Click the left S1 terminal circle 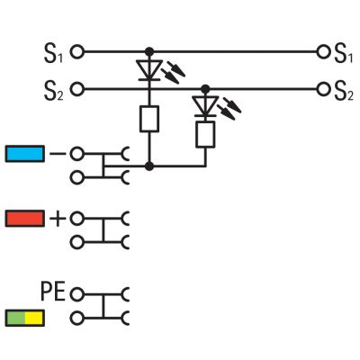click(x=77, y=52)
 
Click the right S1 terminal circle click(x=323, y=52)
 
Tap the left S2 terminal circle click(x=77, y=89)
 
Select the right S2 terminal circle click(x=323, y=89)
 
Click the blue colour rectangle click(x=25, y=154)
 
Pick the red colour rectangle click(x=25, y=219)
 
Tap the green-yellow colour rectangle click(x=25, y=319)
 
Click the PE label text click(x=53, y=292)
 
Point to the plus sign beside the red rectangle click(x=58, y=219)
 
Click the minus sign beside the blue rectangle click(x=58, y=154)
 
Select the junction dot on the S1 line click(x=149, y=52)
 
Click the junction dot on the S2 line click(x=205, y=89)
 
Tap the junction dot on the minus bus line click(x=149, y=166)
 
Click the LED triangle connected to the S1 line click(x=149, y=70)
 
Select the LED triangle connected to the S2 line click(x=205, y=106)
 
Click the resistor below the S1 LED click(x=149, y=119)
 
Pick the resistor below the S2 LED click(x=205, y=135)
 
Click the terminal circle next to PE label click(x=77, y=294)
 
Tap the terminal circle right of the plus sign click(x=77, y=219)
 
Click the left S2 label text click(x=54, y=91)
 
